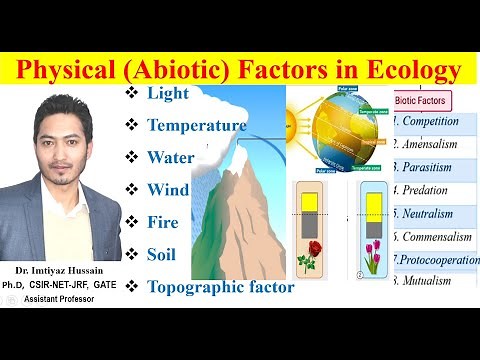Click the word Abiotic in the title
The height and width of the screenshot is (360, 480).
tap(201, 71)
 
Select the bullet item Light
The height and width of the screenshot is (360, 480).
tap(167, 94)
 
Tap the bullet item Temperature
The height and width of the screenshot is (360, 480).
tap(196, 126)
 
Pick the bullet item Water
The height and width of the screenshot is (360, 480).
tap(171, 158)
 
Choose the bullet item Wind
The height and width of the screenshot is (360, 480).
tap(167, 190)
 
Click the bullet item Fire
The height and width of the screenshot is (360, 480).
tap(163, 222)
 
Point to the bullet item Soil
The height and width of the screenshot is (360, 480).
tap(162, 254)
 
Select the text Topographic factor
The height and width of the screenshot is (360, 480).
tap(220, 287)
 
